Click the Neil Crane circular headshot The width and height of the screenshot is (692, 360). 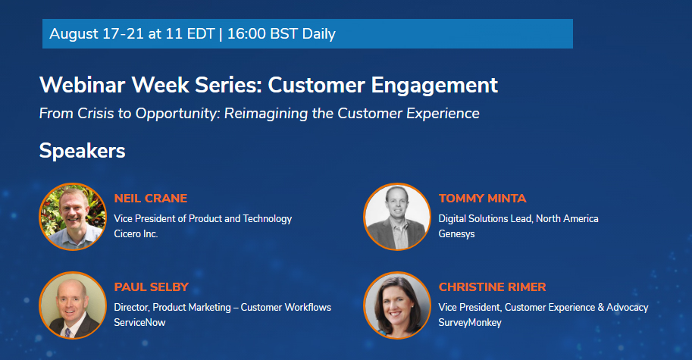click(73, 217)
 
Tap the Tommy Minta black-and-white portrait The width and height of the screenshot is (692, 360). click(397, 217)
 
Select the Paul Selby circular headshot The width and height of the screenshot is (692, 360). click(73, 305)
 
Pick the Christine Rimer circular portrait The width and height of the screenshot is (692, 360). click(397, 305)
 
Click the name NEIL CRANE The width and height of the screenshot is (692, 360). click(151, 199)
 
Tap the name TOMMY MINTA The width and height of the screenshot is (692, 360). click(482, 199)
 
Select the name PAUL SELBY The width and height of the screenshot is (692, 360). click(152, 287)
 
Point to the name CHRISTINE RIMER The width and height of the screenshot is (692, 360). click(492, 287)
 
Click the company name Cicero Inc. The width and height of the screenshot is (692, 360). click(136, 234)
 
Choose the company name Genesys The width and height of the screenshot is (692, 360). click(456, 234)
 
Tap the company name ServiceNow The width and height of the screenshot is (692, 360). click(139, 323)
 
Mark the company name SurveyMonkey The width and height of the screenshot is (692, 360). click(470, 323)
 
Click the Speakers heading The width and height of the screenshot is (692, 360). click(82, 151)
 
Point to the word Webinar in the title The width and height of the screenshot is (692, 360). click(82, 85)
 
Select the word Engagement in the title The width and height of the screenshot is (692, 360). click(434, 86)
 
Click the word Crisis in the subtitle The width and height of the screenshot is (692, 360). click(96, 114)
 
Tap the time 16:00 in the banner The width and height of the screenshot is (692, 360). click(246, 34)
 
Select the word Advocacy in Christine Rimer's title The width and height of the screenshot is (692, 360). click(627, 308)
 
